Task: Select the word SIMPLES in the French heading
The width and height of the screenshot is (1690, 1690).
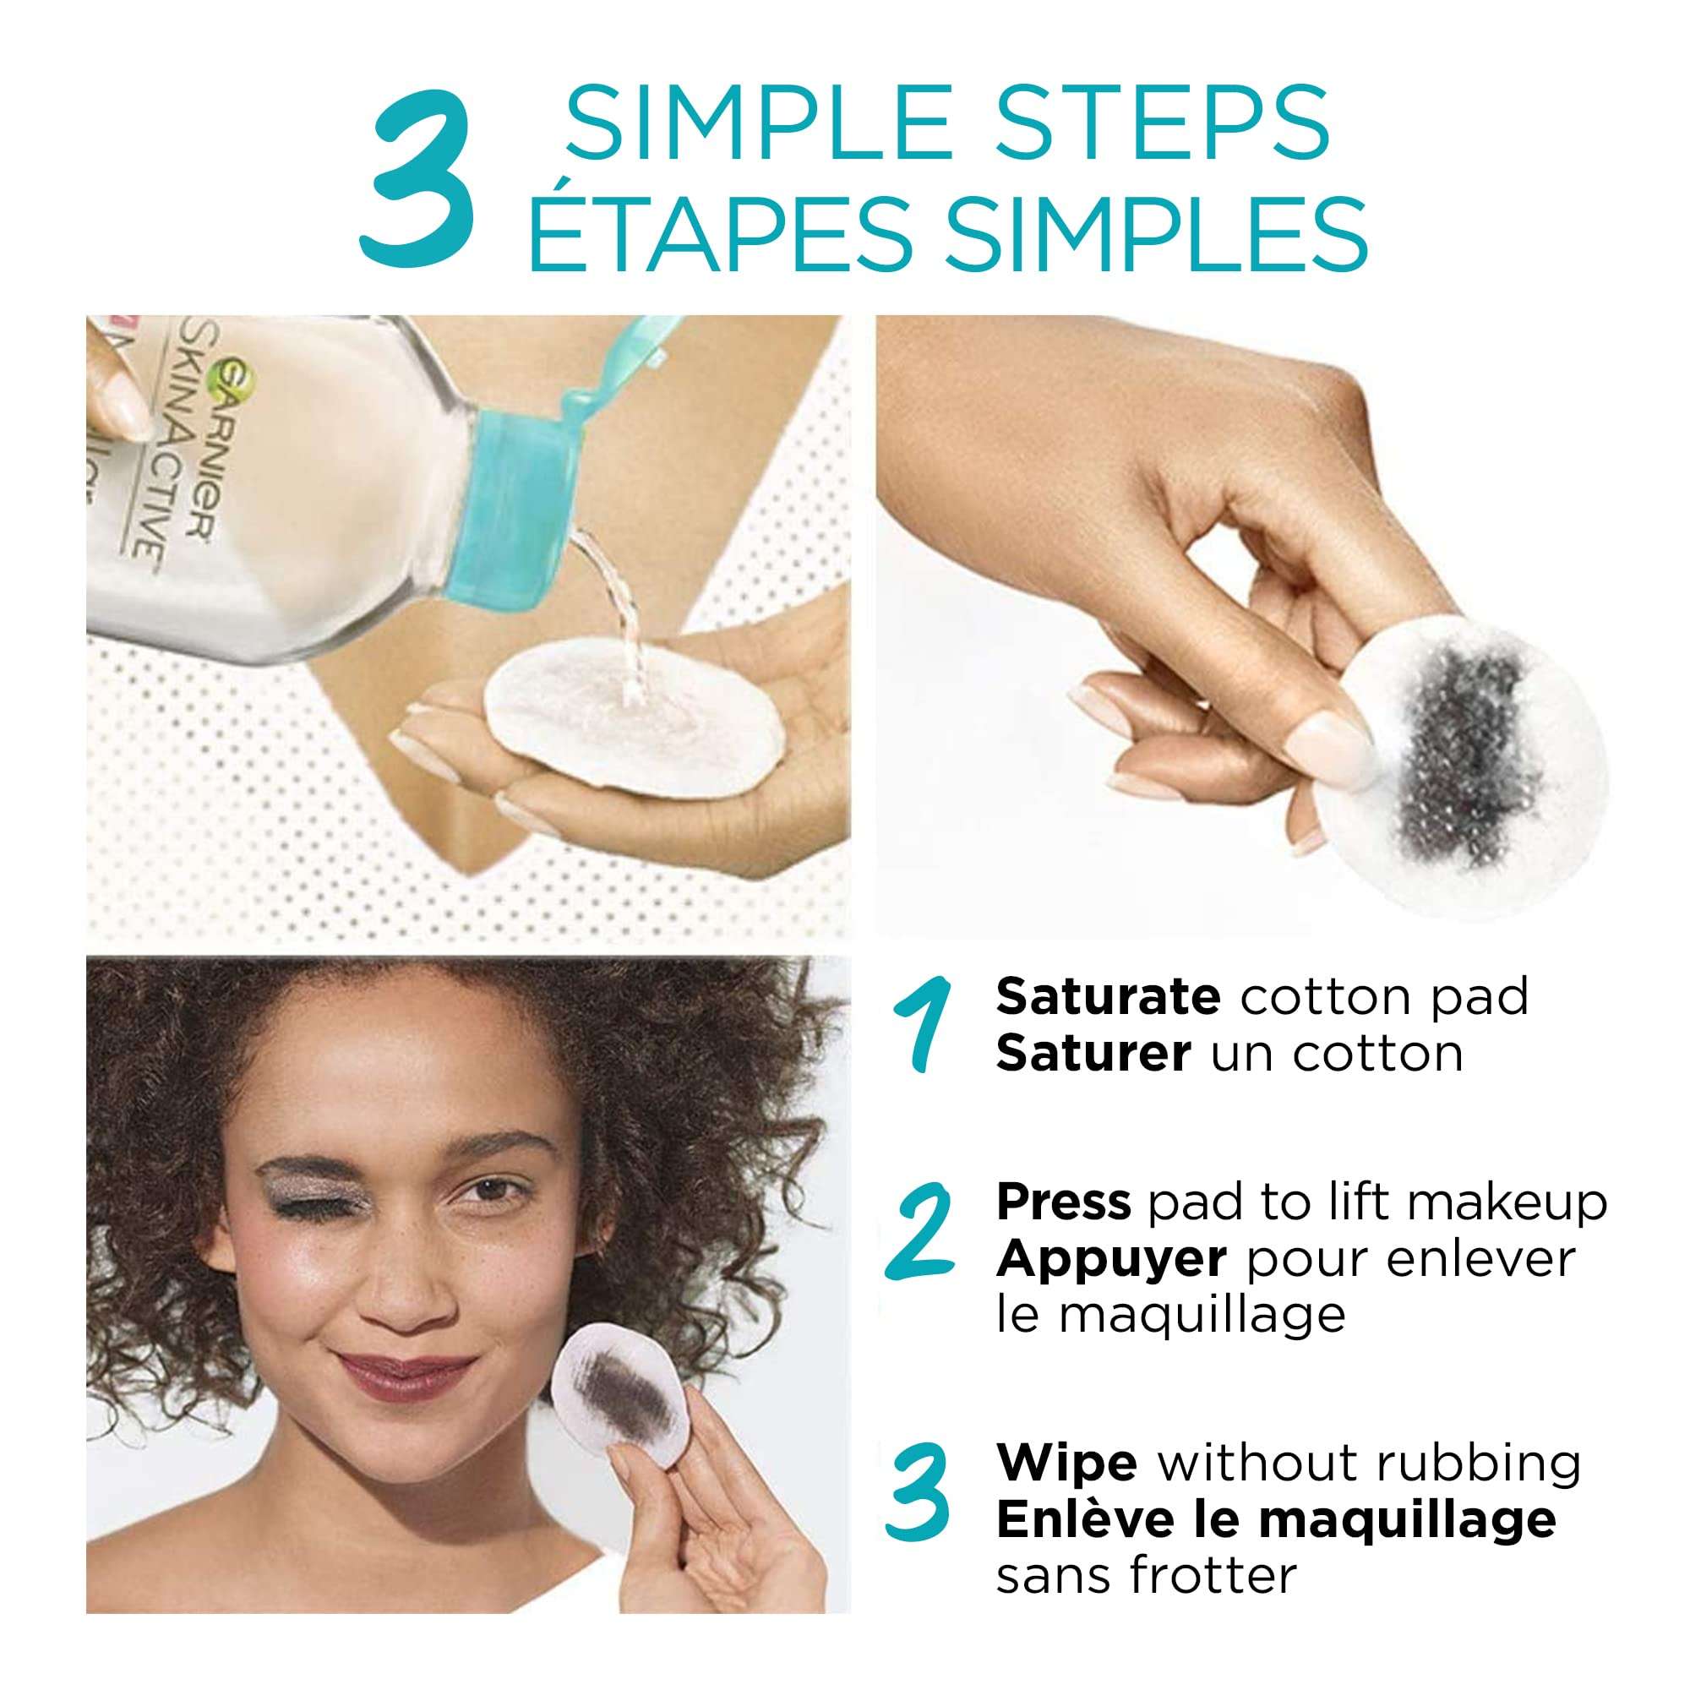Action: coord(1157,233)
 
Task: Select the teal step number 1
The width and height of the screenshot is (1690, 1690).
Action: coord(920,1025)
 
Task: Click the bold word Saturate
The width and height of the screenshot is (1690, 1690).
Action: coord(1108,996)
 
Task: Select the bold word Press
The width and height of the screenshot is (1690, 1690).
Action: coord(1064,1202)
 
